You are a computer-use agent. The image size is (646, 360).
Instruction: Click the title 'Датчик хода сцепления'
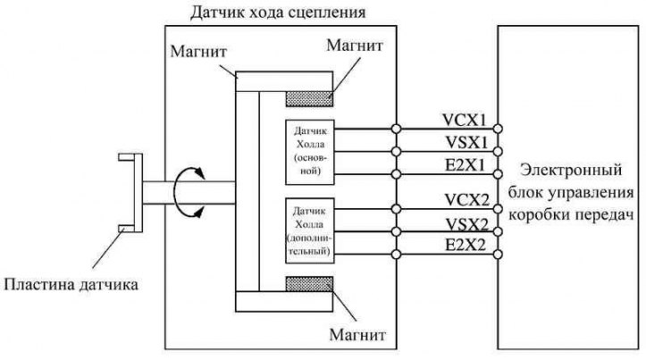(x=278, y=13)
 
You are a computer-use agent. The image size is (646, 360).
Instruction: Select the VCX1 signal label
(x=465, y=120)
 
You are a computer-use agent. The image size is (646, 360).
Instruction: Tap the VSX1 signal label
(x=466, y=143)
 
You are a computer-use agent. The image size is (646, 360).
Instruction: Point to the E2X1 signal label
(x=466, y=165)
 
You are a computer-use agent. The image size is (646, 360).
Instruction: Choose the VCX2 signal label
(x=466, y=200)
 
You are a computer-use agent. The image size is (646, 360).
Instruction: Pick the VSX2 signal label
(x=467, y=224)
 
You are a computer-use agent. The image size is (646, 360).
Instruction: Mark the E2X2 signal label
(x=466, y=245)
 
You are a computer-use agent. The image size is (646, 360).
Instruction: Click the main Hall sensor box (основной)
(x=310, y=152)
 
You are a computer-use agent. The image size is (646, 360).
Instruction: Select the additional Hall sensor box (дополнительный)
(x=310, y=230)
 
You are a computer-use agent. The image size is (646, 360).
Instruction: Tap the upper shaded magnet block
(x=309, y=99)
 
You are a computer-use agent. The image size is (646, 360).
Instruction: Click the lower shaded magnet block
(x=309, y=284)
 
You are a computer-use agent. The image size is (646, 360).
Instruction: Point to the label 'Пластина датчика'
(x=71, y=285)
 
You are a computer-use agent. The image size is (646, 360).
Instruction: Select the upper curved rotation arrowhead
(x=200, y=173)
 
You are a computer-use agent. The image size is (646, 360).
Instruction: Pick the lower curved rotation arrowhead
(x=199, y=212)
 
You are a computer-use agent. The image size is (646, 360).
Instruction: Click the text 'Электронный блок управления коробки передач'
(x=571, y=192)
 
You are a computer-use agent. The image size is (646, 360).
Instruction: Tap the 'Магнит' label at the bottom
(x=357, y=334)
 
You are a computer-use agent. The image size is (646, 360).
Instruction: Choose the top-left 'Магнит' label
(x=198, y=52)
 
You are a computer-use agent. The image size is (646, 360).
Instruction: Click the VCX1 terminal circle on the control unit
(x=498, y=129)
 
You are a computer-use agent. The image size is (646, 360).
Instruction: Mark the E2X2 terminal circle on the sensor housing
(x=397, y=255)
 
